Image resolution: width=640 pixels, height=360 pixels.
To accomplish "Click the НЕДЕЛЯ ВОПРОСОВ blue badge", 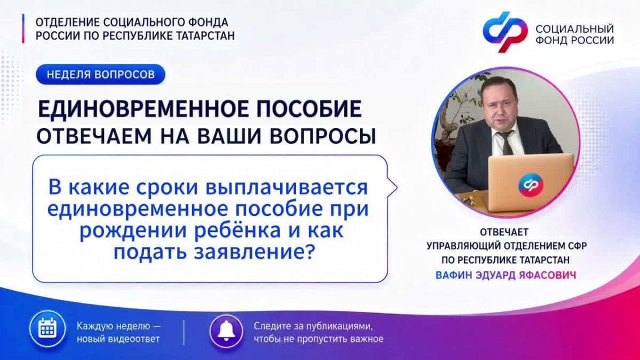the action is pyautogui.click(x=101, y=74).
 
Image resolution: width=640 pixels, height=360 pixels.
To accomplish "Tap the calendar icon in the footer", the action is pyautogui.click(x=47, y=329).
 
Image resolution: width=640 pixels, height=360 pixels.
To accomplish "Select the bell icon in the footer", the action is pyautogui.click(x=226, y=331).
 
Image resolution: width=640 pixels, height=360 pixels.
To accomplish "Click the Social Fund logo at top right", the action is pyautogui.click(x=505, y=32).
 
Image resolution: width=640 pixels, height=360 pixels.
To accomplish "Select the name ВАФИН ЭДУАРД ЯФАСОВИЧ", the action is pyautogui.click(x=506, y=275).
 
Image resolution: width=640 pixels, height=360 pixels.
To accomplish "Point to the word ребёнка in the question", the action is pyautogui.click(x=237, y=230).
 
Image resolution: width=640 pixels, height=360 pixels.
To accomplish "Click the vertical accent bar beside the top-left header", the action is pyautogui.click(x=23, y=29).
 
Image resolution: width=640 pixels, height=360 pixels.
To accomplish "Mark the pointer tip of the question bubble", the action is pyautogui.click(x=397, y=188).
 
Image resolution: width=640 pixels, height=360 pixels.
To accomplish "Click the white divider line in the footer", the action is pyautogui.click(x=183, y=332).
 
